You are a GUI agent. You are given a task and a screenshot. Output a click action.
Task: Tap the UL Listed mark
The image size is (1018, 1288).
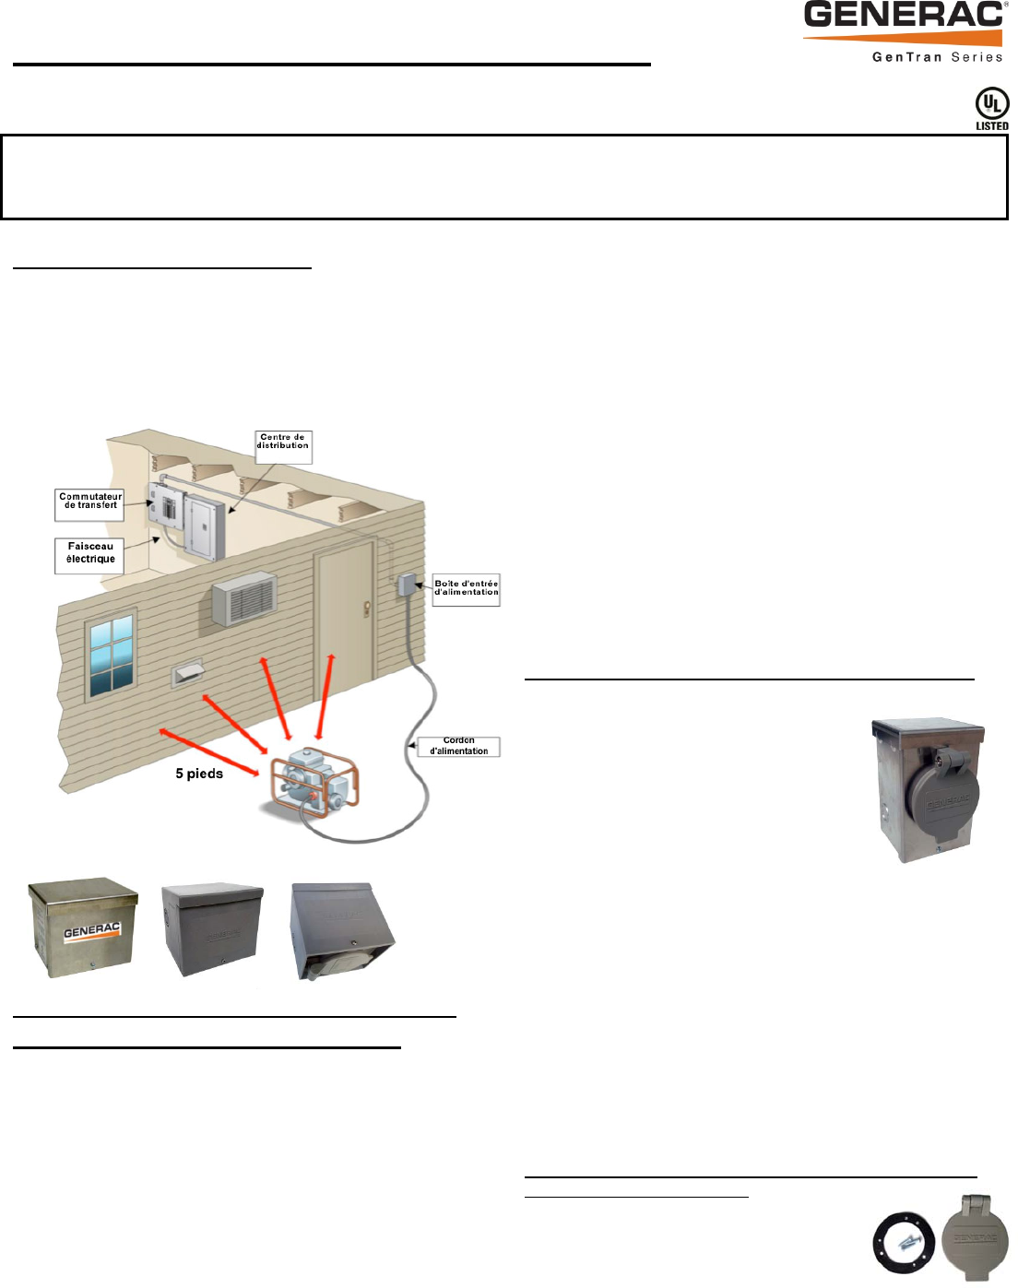click(x=991, y=109)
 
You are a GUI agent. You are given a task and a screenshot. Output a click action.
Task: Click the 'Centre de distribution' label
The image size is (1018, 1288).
click(x=283, y=443)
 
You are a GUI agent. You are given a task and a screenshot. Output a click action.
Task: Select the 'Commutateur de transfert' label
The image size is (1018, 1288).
click(x=89, y=502)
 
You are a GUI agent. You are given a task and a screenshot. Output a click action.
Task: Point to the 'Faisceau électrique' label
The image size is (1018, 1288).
click(x=89, y=553)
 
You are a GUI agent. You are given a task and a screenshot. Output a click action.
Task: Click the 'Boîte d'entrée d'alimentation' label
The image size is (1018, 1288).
click(x=466, y=588)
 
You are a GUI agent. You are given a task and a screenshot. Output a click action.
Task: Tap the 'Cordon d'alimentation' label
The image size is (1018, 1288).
click(x=458, y=746)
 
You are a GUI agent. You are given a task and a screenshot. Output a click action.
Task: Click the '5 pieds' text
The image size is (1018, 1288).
click(x=199, y=774)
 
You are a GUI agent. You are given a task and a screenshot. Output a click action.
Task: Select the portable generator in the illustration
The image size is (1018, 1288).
click(x=314, y=784)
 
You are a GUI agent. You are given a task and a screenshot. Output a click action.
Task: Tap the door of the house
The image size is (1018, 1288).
click(x=345, y=618)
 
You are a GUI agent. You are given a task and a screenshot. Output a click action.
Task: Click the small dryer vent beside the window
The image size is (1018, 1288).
click(x=187, y=673)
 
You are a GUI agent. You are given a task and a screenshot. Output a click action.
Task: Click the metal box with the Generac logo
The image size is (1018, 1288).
click(x=83, y=928)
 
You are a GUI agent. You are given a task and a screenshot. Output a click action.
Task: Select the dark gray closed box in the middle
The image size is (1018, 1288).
click(x=211, y=929)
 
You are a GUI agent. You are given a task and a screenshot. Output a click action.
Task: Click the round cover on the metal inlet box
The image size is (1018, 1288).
click(x=941, y=794)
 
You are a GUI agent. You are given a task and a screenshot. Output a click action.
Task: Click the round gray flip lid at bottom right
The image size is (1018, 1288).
click(x=976, y=1238)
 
